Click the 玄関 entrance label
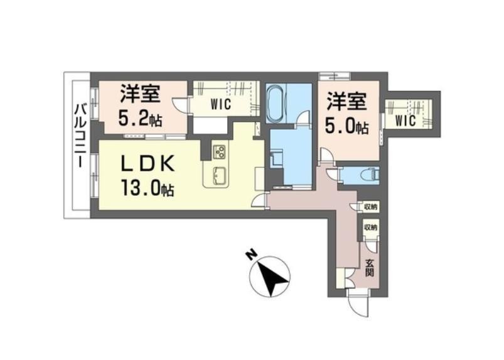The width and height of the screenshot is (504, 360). point(370,268)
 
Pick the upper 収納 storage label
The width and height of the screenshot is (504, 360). point(371,206)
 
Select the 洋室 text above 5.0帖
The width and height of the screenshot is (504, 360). point(344,101)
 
